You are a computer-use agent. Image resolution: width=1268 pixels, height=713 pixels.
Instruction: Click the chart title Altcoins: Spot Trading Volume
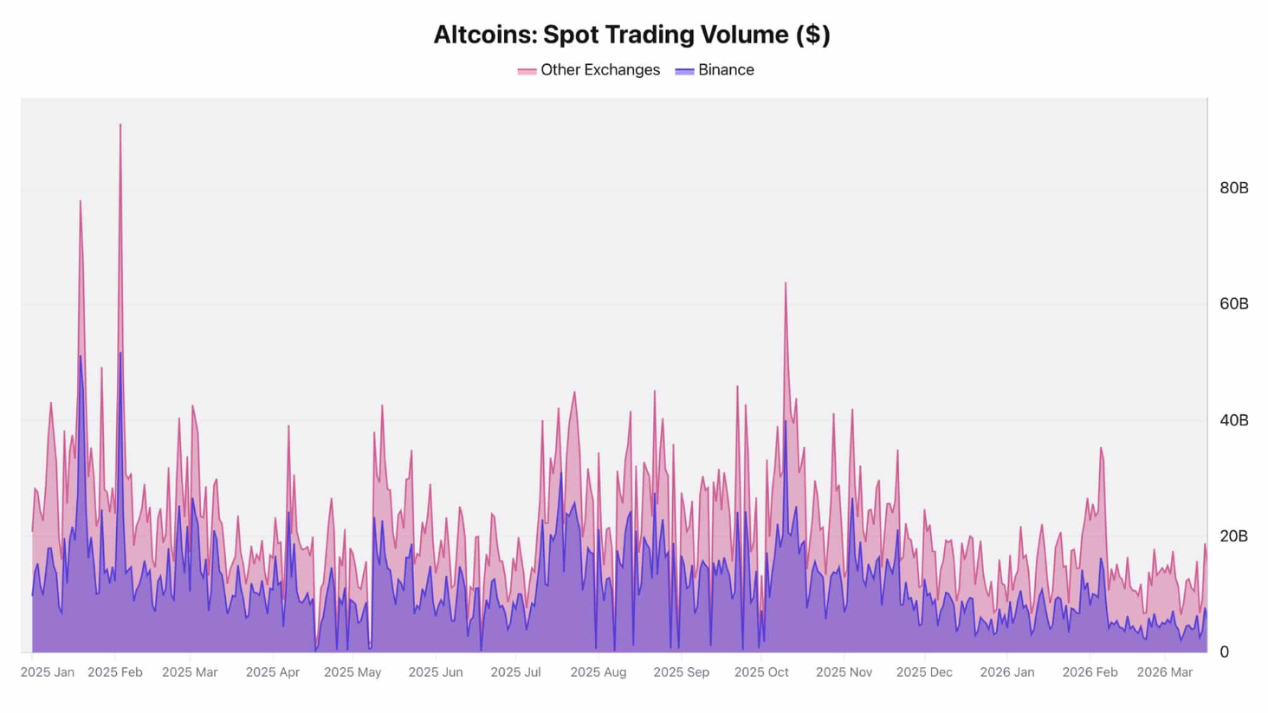[x=631, y=35]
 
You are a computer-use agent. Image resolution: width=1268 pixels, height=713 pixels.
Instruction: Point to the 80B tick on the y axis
[x=1233, y=188]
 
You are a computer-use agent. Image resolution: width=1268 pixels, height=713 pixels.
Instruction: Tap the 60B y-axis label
[x=1233, y=304]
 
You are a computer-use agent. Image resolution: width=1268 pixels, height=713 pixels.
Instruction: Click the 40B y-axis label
[x=1233, y=420]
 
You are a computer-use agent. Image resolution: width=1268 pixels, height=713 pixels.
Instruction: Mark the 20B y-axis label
[x=1233, y=536]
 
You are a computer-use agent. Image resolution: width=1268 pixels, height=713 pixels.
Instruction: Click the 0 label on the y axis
[x=1224, y=652]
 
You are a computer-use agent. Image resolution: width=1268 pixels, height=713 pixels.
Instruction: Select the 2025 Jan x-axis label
[x=47, y=672]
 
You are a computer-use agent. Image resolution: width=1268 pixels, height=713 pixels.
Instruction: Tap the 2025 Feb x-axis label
[x=115, y=672]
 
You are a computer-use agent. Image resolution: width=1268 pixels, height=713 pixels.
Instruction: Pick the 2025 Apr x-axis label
[x=272, y=672]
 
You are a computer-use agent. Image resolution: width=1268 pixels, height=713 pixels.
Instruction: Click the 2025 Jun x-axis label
[x=435, y=672]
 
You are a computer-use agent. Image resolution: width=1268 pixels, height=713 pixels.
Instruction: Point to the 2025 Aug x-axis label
[x=598, y=672]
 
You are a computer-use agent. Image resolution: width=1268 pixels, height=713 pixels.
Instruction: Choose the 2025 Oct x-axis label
[x=760, y=672]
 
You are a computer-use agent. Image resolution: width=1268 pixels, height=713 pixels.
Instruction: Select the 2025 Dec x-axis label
[x=923, y=672]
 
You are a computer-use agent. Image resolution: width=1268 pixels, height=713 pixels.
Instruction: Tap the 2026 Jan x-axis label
[x=1006, y=672]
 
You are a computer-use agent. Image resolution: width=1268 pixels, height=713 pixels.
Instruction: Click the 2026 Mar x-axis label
[x=1164, y=672]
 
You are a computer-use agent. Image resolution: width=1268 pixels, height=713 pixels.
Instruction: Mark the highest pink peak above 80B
[x=120, y=125]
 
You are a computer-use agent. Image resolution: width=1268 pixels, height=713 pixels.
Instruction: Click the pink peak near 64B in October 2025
[x=786, y=283]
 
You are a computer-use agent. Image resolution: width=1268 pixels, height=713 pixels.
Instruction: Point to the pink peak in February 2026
[x=1101, y=449]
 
